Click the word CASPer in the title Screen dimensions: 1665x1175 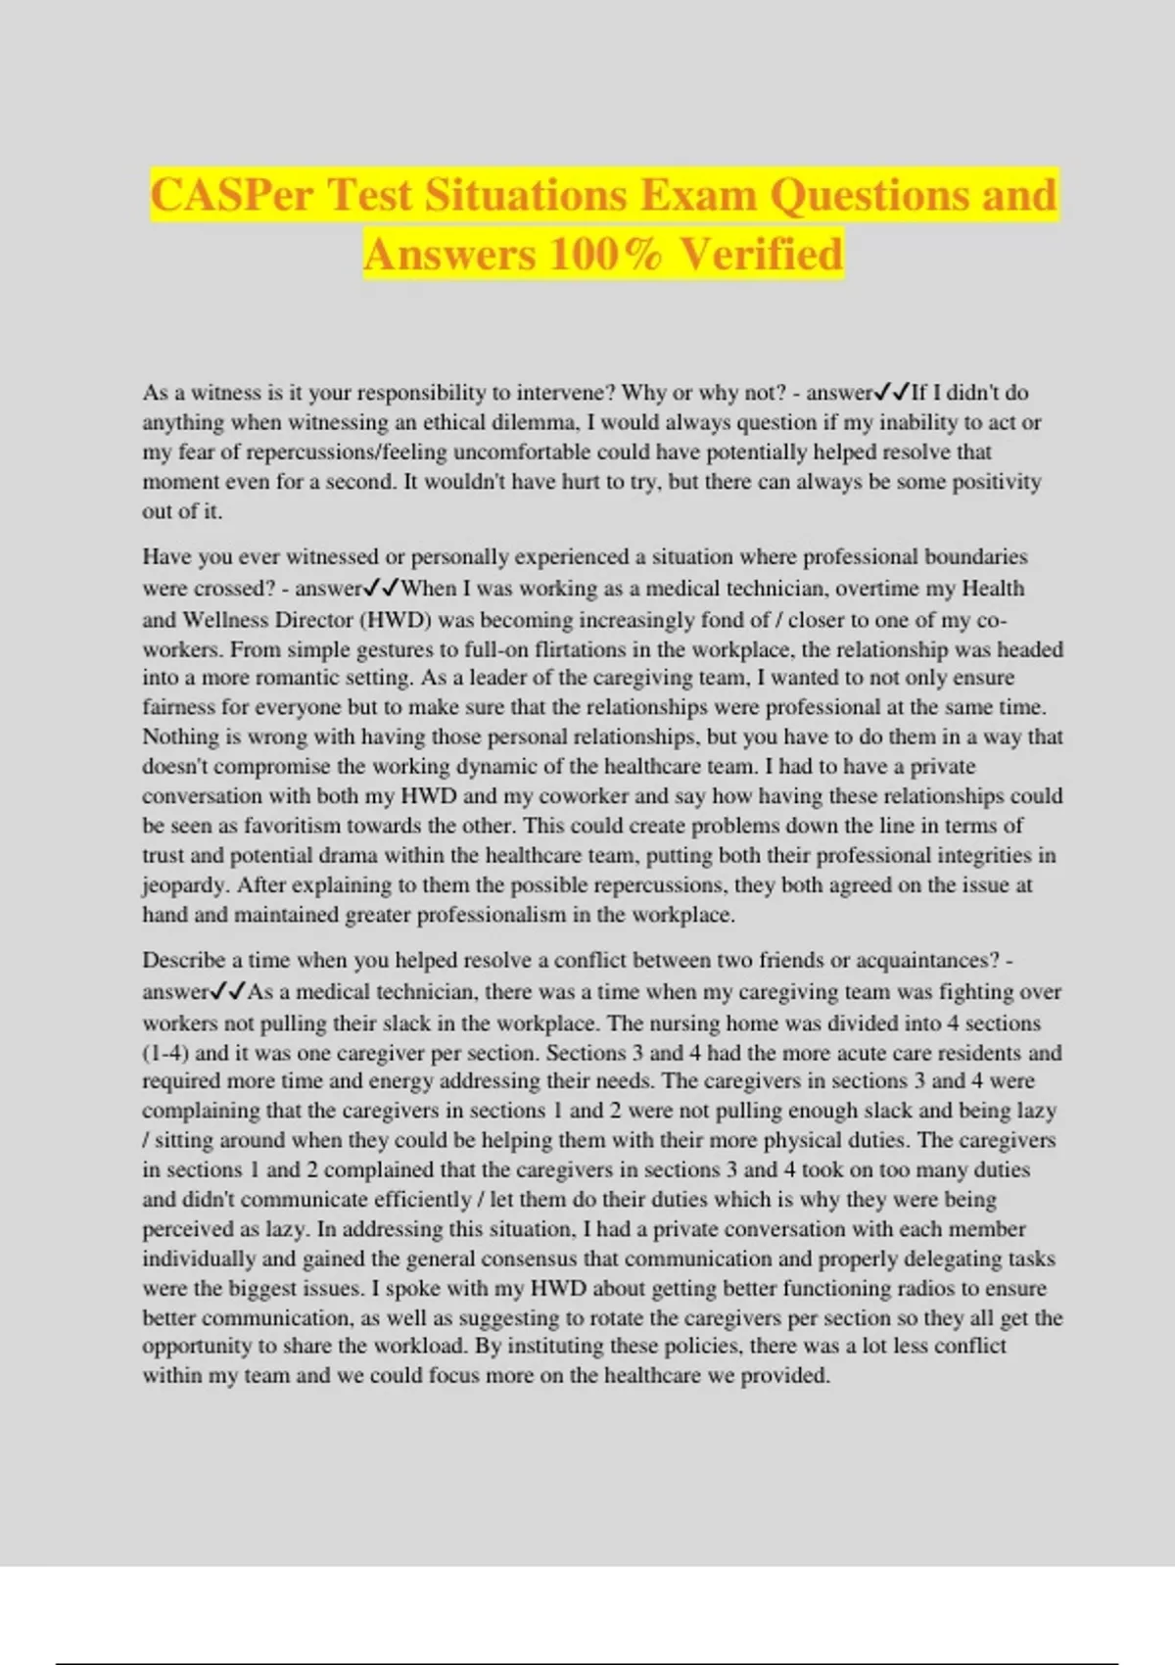pos(231,195)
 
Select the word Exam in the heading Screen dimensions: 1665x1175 pos(698,195)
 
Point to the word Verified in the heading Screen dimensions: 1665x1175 pos(761,255)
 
